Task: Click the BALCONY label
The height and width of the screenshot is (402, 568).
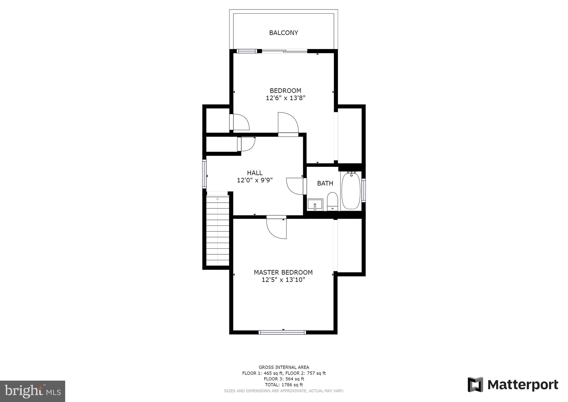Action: [x=283, y=33]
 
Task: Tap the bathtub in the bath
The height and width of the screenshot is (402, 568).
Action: [x=351, y=191]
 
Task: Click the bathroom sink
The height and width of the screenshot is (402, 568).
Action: [x=315, y=205]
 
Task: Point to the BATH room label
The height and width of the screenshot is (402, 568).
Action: [x=325, y=183]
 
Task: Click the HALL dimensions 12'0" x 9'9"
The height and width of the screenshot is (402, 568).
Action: [x=255, y=180]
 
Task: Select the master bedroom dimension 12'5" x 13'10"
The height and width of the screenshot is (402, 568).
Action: [x=283, y=280]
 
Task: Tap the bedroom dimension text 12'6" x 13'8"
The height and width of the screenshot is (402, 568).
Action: [x=285, y=98]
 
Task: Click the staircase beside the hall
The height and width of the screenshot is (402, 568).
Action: [x=218, y=230]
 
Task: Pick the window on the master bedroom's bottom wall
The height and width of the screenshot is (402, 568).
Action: [x=282, y=332]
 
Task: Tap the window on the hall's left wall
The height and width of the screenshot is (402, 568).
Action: [x=205, y=174]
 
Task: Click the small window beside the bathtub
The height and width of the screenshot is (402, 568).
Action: [x=364, y=190]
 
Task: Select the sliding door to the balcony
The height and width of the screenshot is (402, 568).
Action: [x=285, y=51]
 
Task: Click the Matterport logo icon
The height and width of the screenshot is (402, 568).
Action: [x=475, y=385]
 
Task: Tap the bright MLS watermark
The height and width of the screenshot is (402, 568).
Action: [x=32, y=391]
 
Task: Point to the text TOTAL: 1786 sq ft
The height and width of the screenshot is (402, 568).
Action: [x=284, y=385]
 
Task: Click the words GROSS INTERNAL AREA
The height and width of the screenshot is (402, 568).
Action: [x=284, y=367]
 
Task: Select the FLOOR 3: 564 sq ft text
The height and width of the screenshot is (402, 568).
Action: [x=284, y=379]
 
